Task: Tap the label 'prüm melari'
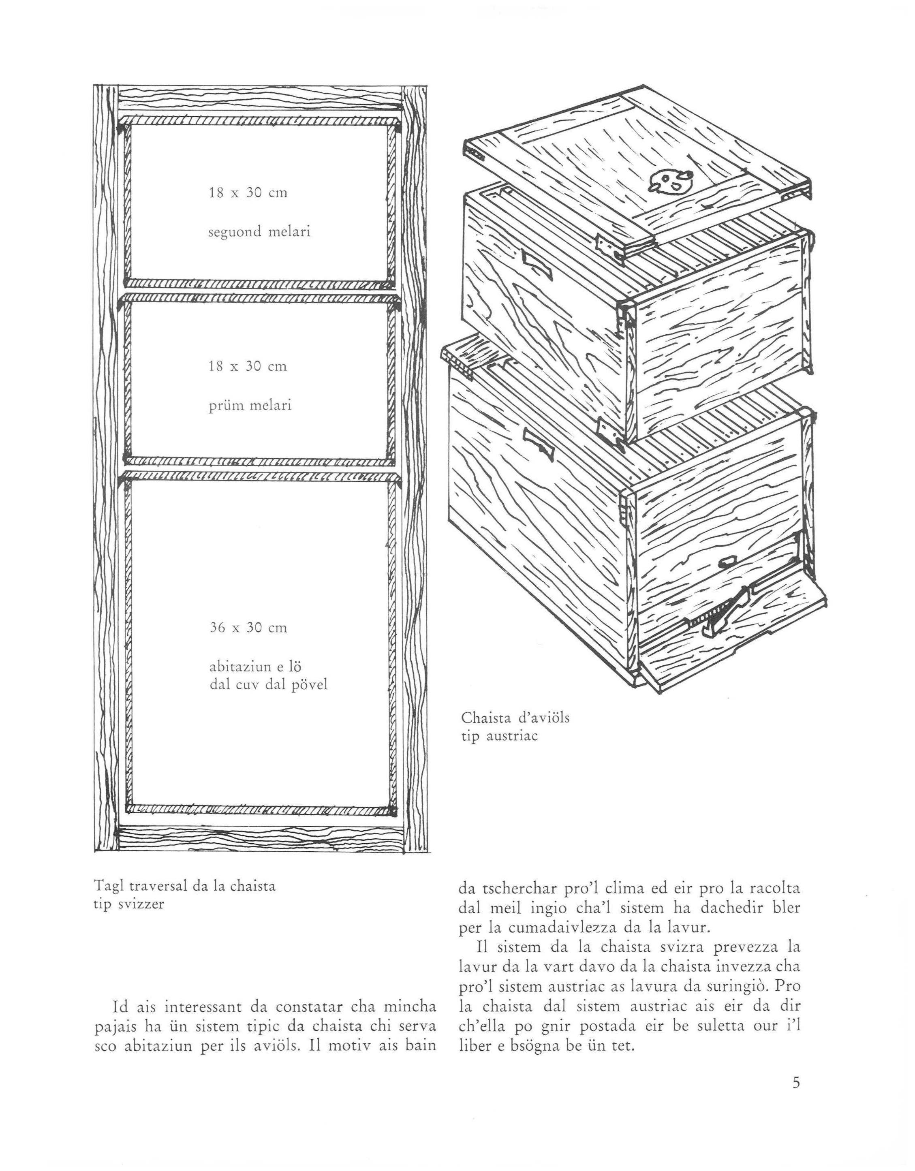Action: coord(250,405)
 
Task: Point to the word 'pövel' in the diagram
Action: coord(308,685)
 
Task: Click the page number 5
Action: coord(796,1083)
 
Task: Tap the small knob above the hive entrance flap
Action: coord(727,562)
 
